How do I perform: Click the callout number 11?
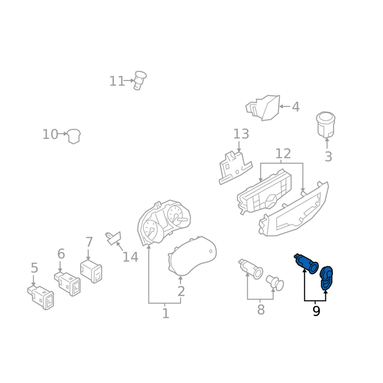pyautogui.click(x=117, y=81)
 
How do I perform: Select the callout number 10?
pyautogui.click(x=50, y=135)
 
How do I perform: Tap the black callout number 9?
pyautogui.click(x=316, y=311)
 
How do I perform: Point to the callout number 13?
pyautogui.click(x=241, y=134)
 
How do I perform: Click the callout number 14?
pyautogui.click(x=130, y=257)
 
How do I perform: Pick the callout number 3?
pyautogui.click(x=328, y=157)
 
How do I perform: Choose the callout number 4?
pyautogui.click(x=295, y=107)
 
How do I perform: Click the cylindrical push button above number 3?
pyautogui.click(x=326, y=125)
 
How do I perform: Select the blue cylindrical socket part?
pyautogui.click(x=306, y=264)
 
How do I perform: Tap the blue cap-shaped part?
pyautogui.click(x=327, y=278)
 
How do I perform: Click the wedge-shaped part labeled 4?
pyautogui.click(x=263, y=108)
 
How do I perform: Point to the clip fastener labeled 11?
pyautogui.click(x=140, y=80)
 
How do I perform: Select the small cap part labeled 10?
pyautogui.click(x=74, y=136)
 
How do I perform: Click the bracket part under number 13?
pyautogui.click(x=235, y=168)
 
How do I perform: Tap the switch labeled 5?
pyautogui.click(x=41, y=297)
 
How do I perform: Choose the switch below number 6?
pyautogui.click(x=68, y=284)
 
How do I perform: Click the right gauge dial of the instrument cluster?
pyautogui.click(x=176, y=214)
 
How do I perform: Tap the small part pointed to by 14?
pyautogui.click(x=113, y=237)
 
